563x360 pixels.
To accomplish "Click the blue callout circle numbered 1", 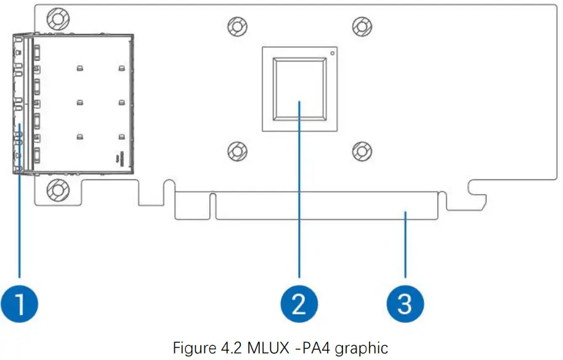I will click(x=20, y=303).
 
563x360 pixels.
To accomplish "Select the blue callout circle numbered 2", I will click(x=299, y=303).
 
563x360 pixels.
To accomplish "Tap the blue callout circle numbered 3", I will click(x=405, y=303).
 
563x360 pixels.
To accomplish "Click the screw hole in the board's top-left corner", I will click(x=57, y=18).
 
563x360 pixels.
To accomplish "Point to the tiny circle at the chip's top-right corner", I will click(x=333, y=53).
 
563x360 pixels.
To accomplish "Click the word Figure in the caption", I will click(x=192, y=348).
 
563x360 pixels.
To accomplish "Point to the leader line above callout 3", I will click(x=405, y=247).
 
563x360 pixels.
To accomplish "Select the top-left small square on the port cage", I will click(x=79, y=67).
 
